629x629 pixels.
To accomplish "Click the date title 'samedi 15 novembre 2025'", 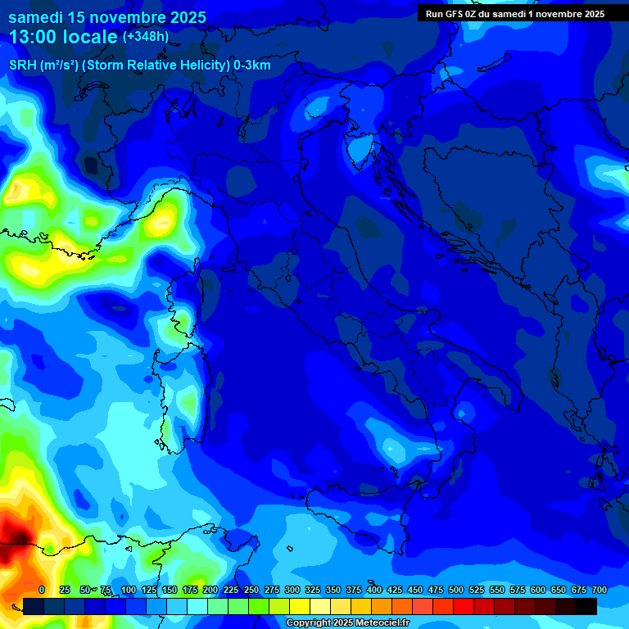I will tap(106, 17).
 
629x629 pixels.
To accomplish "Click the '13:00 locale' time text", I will tap(64, 37).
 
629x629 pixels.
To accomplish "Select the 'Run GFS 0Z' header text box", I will tap(514, 14).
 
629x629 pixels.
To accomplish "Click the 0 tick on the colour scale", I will tap(42, 590).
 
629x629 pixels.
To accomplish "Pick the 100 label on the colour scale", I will tap(128, 590).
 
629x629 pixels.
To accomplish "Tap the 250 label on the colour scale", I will tap(251, 590).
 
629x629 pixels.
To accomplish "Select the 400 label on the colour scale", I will tap(374, 590).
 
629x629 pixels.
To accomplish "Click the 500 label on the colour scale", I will tap(456, 590).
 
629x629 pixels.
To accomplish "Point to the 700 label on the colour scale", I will tap(600, 590).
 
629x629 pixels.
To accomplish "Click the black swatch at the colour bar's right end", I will tap(586, 606).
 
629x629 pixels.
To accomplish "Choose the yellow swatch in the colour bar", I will tap(300, 606).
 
